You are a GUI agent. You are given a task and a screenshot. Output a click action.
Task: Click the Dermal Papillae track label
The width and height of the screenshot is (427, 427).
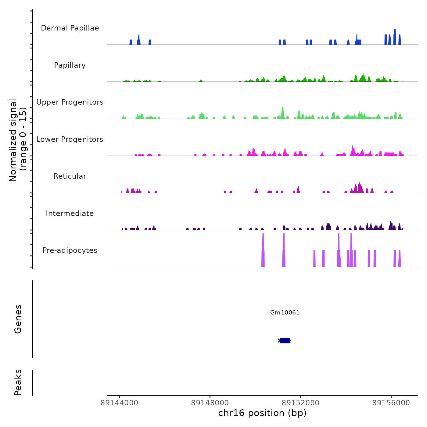click(x=70, y=28)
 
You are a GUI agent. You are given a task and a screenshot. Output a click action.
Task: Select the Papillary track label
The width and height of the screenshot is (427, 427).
click(x=70, y=65)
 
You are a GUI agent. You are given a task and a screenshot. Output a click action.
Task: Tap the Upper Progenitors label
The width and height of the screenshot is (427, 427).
click(x=70, y=102)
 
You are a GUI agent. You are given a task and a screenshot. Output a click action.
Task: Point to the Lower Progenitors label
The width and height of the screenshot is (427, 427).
click(x=70, y=139)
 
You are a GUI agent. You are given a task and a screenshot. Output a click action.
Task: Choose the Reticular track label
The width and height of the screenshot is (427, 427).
click(x=70, y=176)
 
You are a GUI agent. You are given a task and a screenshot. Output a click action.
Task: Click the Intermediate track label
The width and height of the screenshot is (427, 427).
click(x=70, y=213)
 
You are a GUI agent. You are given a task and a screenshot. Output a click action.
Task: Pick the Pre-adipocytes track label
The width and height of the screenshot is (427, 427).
click(x=70, y=250)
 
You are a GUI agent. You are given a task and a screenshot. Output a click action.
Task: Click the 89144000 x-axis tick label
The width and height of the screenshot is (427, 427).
click(x=119, y=403)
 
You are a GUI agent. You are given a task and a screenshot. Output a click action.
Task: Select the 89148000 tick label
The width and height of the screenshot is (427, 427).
click(x=210, y=403)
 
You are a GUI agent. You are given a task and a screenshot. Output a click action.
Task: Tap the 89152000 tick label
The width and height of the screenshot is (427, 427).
click(x=300, y=403)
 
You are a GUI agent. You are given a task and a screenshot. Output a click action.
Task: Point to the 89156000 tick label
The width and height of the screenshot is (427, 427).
click(x=391, y=403)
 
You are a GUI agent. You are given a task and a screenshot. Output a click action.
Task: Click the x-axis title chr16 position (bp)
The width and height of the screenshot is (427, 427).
click(x=262, y=413)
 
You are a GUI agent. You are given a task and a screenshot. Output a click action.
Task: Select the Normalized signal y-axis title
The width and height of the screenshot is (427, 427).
click(x=18, y=140)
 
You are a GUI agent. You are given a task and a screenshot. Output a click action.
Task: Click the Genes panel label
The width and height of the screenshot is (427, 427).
click(x=18, y=319)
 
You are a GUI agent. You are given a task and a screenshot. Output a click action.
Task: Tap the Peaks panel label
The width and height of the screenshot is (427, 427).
click(x=18, y=382)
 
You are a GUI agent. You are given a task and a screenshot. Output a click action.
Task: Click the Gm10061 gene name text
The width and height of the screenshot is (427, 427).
click(x=285, y=313)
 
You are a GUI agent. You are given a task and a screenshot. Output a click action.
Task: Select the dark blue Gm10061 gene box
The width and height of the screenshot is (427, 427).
click(x=285, y=340)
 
